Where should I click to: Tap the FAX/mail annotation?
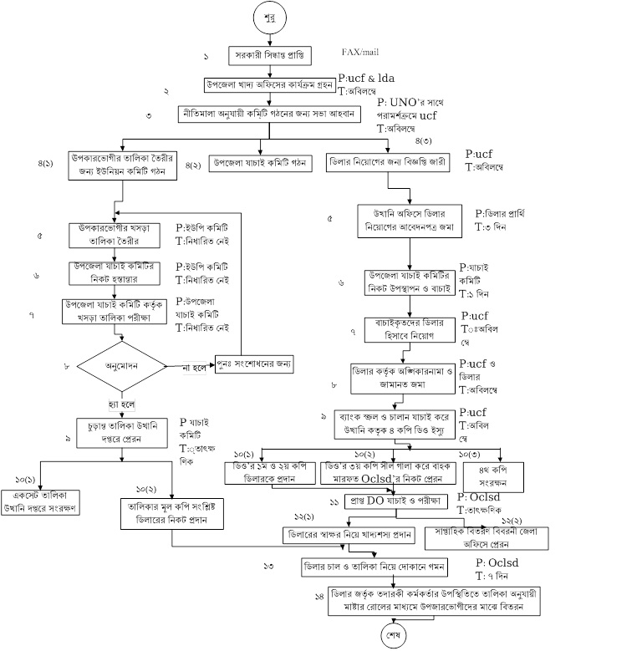(x=362, y=52)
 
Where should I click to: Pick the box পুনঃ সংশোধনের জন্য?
(x=258, y=365)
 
